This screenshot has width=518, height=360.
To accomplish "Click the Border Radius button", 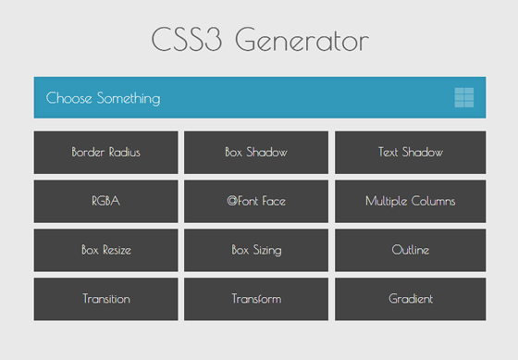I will click(105, 153).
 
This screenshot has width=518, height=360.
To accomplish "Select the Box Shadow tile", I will click(256, 153).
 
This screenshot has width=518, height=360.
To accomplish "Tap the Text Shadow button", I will click(410, 153).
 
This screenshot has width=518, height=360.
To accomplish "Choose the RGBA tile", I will click(105, 201).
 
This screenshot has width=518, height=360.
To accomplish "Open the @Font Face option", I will click(256, 201).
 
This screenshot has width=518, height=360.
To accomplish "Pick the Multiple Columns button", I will click(410, 201).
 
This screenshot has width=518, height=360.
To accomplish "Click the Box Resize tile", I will click(105, 250).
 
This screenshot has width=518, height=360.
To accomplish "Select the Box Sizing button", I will click(256, 250).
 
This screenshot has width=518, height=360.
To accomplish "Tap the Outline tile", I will click(410, 250).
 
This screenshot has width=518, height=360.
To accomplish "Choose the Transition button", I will click(105, 299).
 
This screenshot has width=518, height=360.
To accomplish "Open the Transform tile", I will click(256, 299).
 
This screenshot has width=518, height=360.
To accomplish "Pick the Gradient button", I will click(410, 299).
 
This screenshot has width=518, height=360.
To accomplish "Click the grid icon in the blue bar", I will click(464, 97).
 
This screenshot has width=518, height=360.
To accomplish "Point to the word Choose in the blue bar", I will click(68, 98).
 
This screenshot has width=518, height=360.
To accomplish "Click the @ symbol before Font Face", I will click(231, 201).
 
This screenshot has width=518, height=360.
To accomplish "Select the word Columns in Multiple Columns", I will click(433, 201).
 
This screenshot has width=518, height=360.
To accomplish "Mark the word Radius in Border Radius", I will click(124, 153).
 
